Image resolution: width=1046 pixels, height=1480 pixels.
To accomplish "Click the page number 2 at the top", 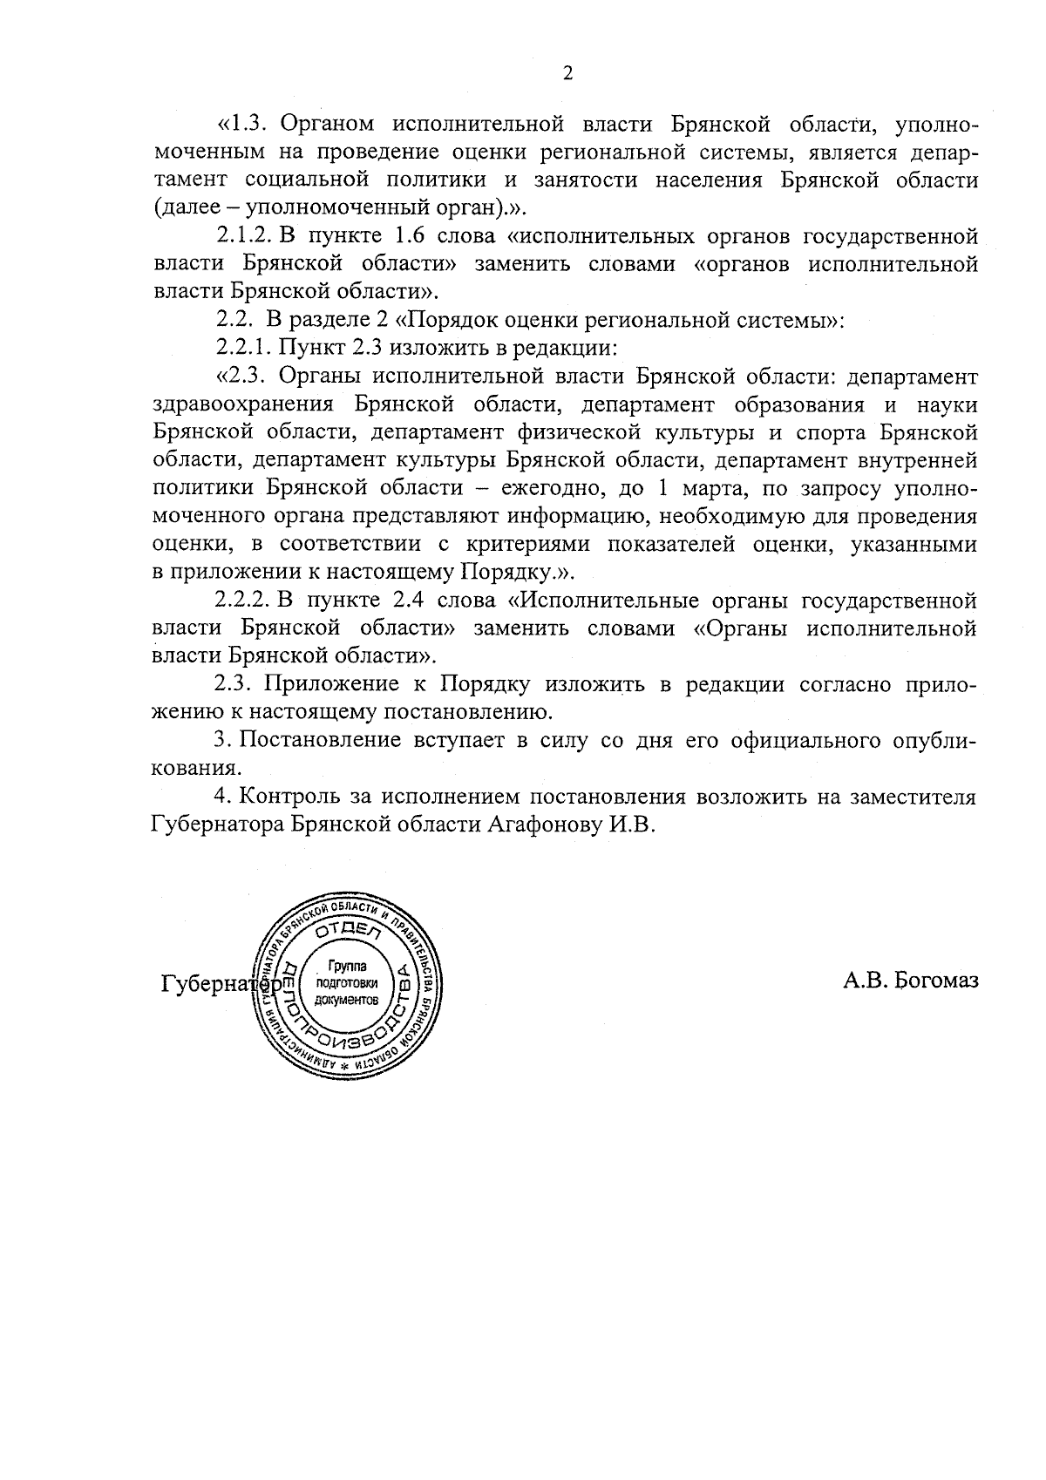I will tap(567, 74).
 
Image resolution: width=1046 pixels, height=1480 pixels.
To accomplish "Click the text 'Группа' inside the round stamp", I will tap(348, 967).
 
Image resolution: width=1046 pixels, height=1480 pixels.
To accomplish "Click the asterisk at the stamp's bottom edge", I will tap(345, 1066).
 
